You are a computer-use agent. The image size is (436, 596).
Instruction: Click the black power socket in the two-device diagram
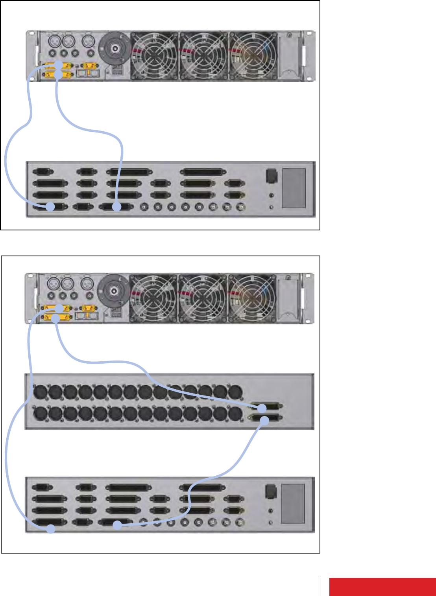pos(272,175)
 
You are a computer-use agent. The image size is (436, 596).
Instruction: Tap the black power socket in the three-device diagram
pos(271,491)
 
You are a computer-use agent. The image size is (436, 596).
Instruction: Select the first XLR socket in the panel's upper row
pos(40,392)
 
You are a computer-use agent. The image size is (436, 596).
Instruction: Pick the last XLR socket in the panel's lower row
pos(235,414)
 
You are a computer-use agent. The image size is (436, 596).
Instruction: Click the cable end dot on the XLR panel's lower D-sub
pos(264,421)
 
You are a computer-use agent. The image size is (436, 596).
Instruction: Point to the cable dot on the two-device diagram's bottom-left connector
pos(50,207)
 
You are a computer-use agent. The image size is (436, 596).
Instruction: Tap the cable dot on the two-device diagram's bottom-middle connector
pos(116,207)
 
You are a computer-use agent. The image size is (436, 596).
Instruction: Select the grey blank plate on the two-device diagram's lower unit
pos(294,188)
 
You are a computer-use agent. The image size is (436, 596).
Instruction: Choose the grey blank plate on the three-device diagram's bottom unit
pos(294,504)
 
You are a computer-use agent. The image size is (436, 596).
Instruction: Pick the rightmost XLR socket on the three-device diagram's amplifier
pos(87,283)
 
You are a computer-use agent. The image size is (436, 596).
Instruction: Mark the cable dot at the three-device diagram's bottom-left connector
pos(50,529)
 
